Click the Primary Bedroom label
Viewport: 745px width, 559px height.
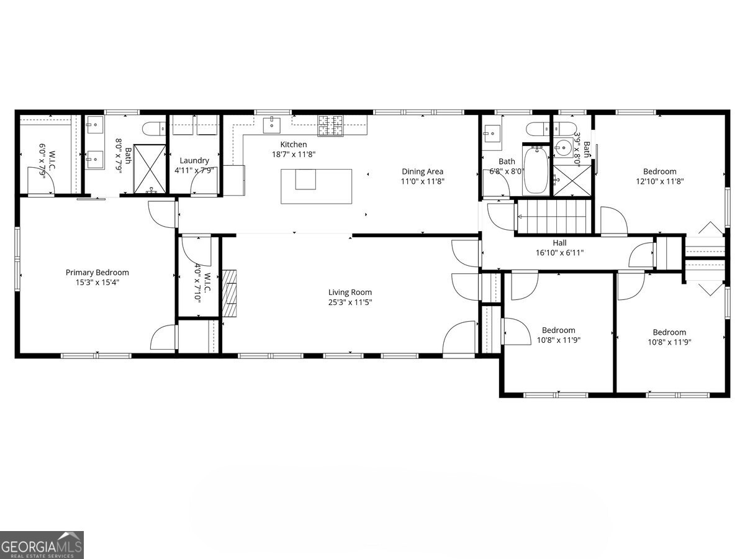97,272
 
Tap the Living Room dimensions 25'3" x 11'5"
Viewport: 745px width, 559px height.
350,302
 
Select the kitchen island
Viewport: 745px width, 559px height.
317,186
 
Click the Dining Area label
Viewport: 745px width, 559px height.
422,171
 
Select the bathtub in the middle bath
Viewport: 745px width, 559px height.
535,170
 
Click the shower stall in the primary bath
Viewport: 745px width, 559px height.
150,168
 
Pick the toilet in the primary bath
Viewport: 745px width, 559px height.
152,129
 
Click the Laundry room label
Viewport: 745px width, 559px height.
194,160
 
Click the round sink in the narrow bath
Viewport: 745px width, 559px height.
564,147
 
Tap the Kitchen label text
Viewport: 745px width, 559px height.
294,144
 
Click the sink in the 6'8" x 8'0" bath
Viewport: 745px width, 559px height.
492,132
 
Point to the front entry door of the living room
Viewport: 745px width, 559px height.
459,339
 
